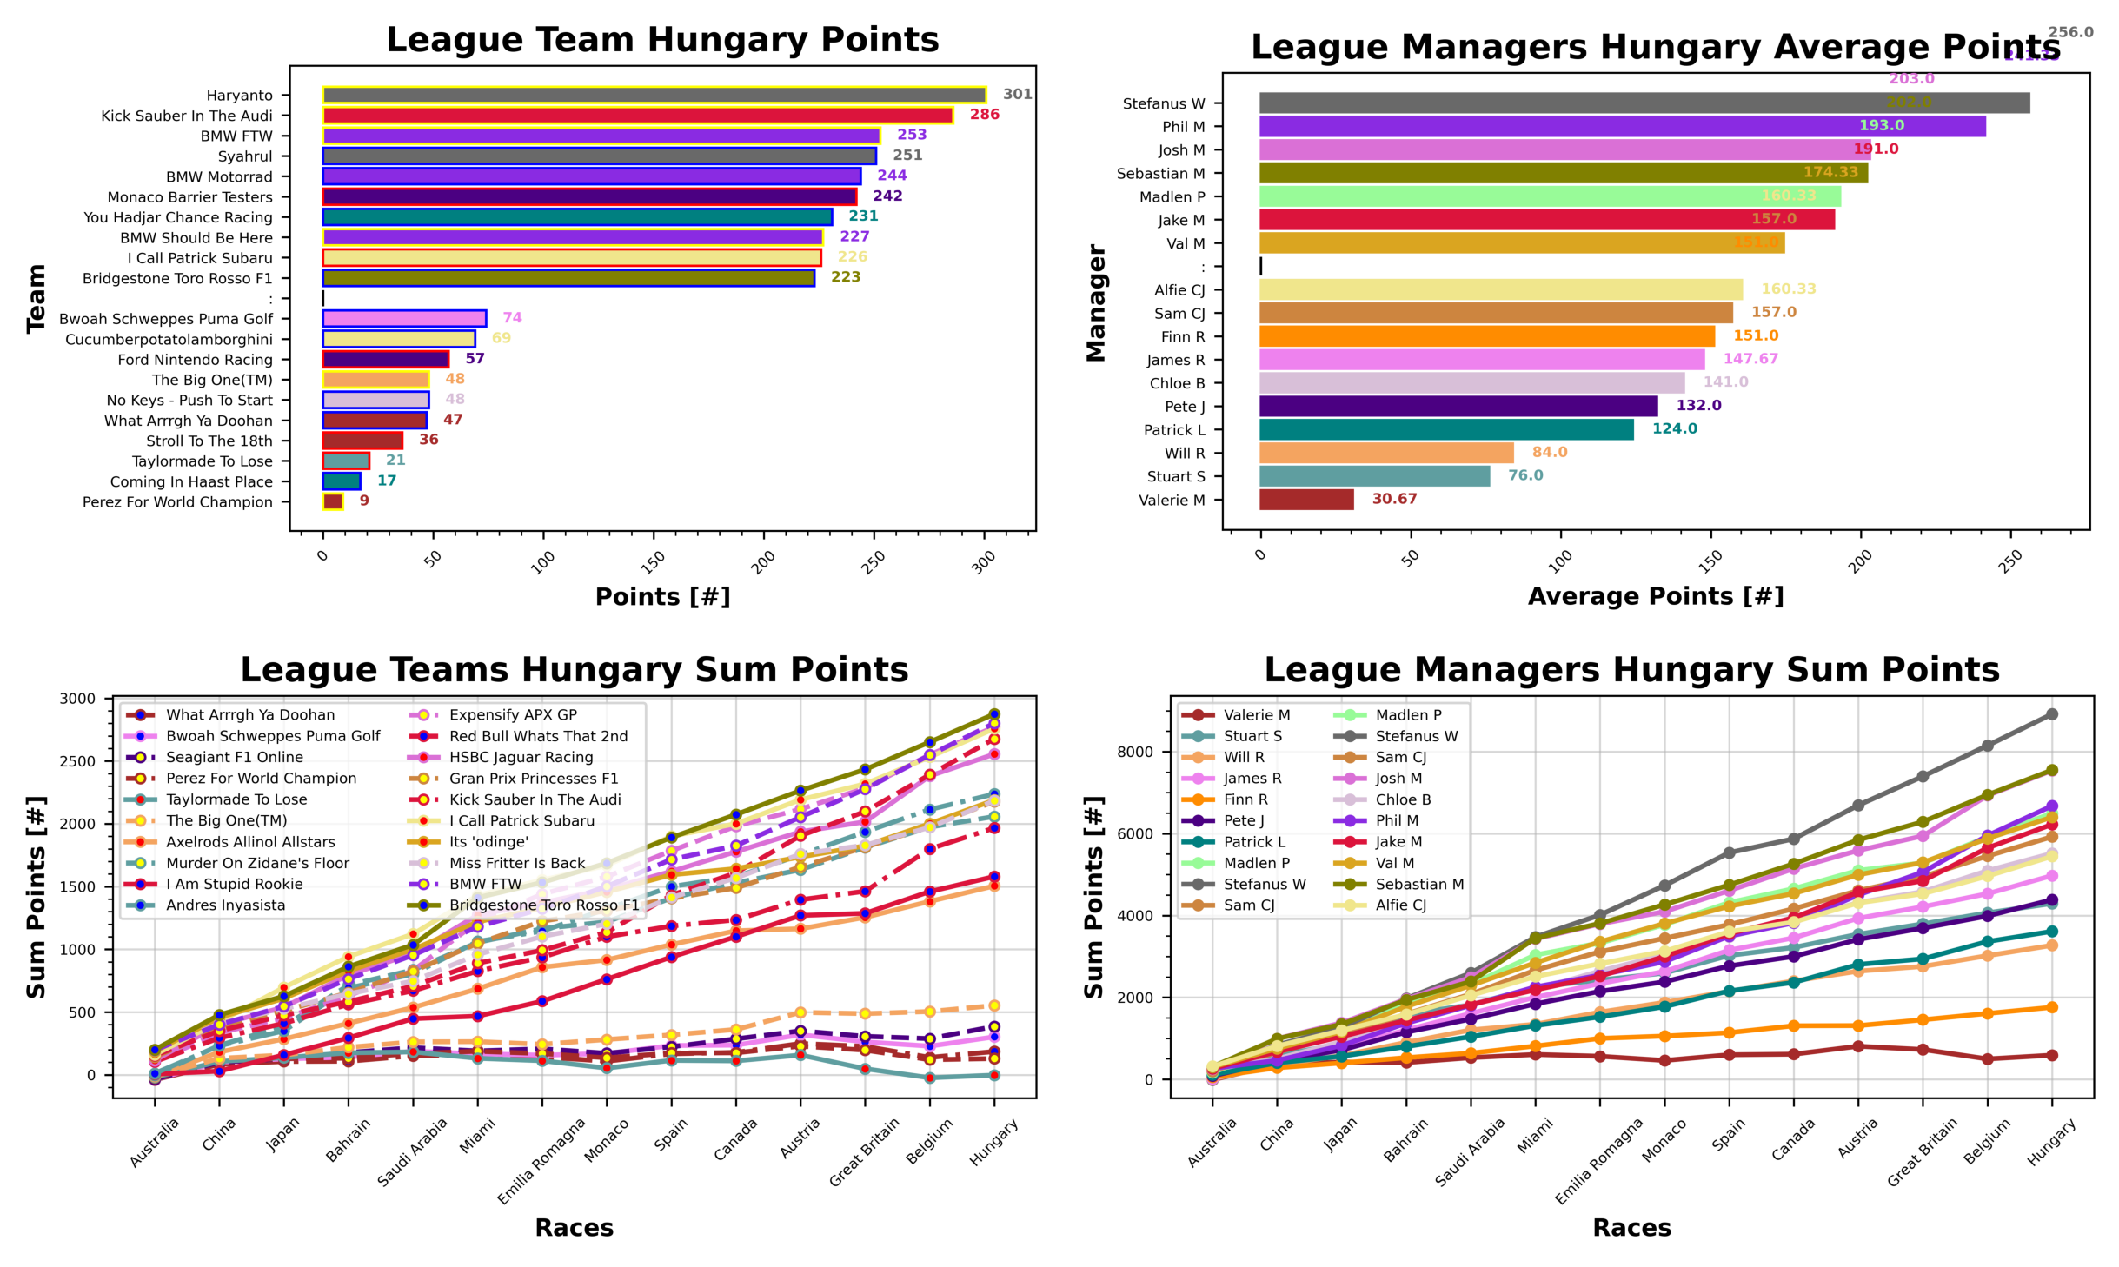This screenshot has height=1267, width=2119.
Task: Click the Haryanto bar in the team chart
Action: click(654, 95)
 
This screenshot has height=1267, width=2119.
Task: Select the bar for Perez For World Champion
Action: click(332, 501)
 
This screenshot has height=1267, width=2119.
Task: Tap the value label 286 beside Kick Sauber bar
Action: click(984, 115)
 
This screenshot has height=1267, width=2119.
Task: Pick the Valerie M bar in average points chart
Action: click(1305, 500)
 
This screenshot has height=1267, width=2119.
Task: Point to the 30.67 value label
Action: click(1393, 499)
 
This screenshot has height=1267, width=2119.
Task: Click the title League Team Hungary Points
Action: click(662, 40)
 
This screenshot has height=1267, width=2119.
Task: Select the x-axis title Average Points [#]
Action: click(1655, 596)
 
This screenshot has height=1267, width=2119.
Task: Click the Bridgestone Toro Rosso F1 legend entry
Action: click(543, 905)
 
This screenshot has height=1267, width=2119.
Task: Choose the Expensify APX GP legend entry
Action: click(513, 714)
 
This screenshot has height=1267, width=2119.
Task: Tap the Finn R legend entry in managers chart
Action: click(1245, 799)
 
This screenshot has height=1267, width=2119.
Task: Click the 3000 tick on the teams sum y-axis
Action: click(77, 699)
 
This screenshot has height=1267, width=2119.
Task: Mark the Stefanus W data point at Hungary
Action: click(2051, 714)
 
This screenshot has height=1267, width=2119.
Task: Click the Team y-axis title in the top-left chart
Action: click(36, 298)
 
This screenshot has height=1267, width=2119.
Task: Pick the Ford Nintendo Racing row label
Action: click(195, 360)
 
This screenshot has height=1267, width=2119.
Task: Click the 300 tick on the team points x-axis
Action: click(983, 563)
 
